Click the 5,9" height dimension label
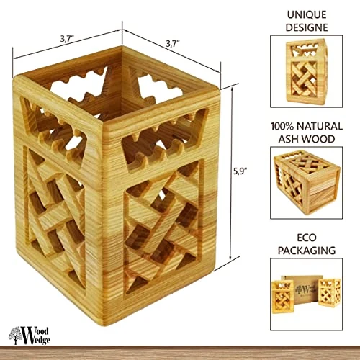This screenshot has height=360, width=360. pos(240,171)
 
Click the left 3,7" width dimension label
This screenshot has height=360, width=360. pos(67,39)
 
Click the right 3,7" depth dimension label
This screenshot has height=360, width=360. pos(173,44)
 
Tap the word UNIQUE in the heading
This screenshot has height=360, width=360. pos(307,15)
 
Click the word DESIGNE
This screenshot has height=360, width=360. pos(307,27)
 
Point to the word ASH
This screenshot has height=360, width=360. pos(289,139)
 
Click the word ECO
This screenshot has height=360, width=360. pos(307,238)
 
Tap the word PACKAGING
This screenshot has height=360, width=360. pos(307,251)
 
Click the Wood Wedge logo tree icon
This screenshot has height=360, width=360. pos(15,335)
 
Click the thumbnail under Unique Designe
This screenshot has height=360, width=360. pos(307,71)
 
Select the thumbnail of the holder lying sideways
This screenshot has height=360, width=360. pos(307,183)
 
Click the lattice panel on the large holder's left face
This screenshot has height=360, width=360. pos(56,217)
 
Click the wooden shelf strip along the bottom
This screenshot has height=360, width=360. pos(180,353)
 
